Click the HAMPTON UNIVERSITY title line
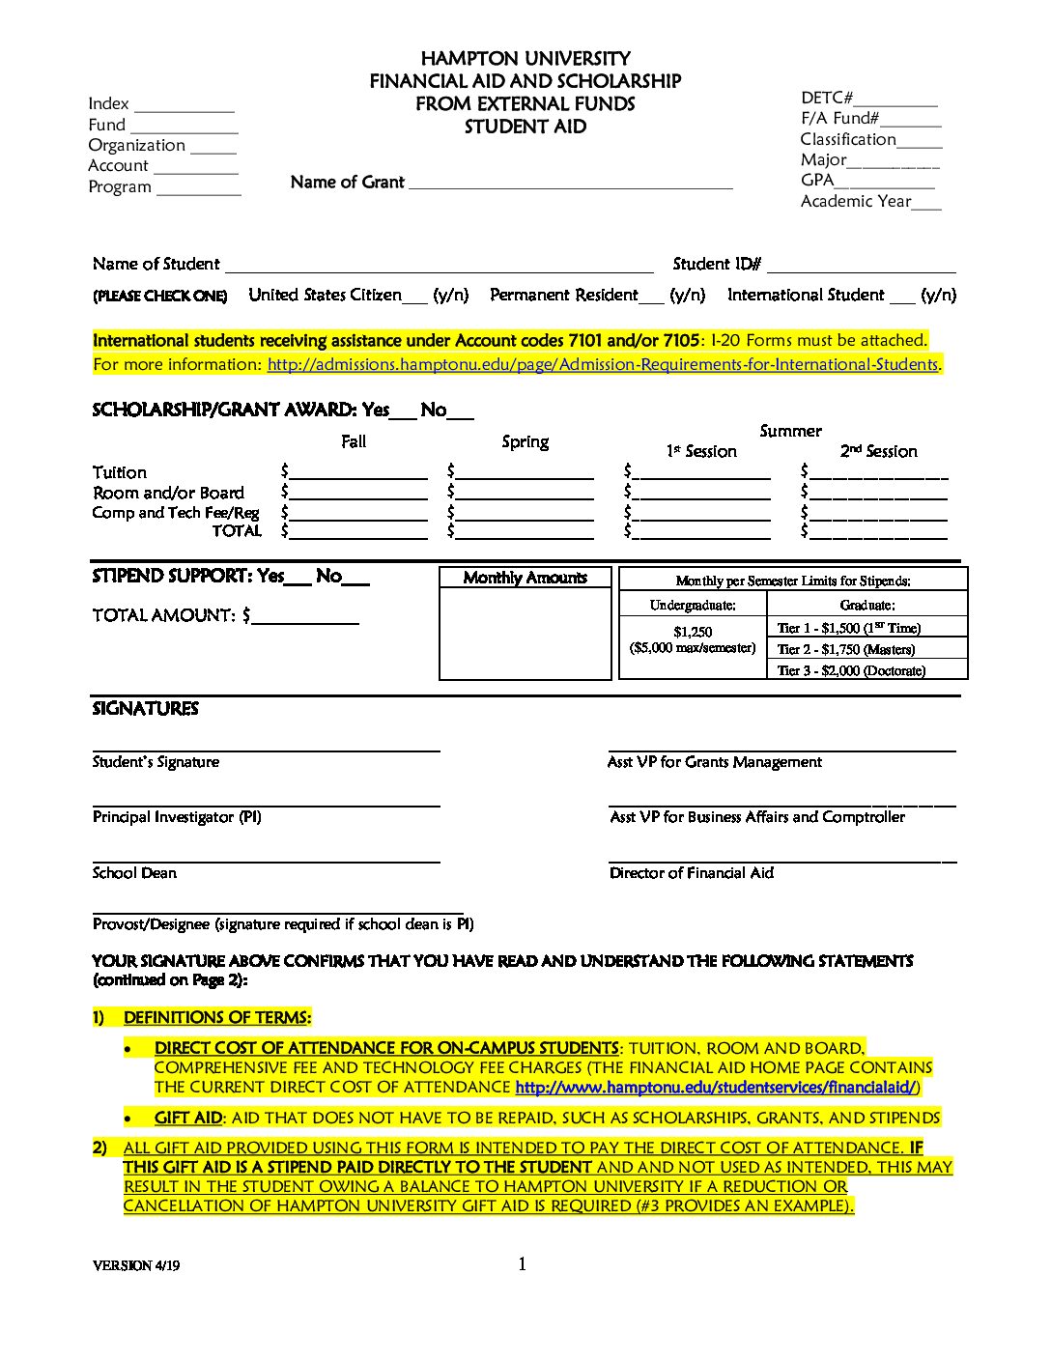[525, 59]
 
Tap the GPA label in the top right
[817, 180]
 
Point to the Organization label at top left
[136, 145]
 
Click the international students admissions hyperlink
[602, 365]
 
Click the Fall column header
[354, 441]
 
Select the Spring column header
[525, 441]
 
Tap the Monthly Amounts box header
[525, 578]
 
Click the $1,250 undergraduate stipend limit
[693, 632]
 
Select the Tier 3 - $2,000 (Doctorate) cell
[851, 670]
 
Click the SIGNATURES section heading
[145, 709]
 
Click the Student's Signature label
[156, 762]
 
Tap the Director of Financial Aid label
[691, 873]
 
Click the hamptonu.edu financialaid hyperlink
[717, 1088]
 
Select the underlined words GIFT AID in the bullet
[188, 1118]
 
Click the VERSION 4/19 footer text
[136, 1265]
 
